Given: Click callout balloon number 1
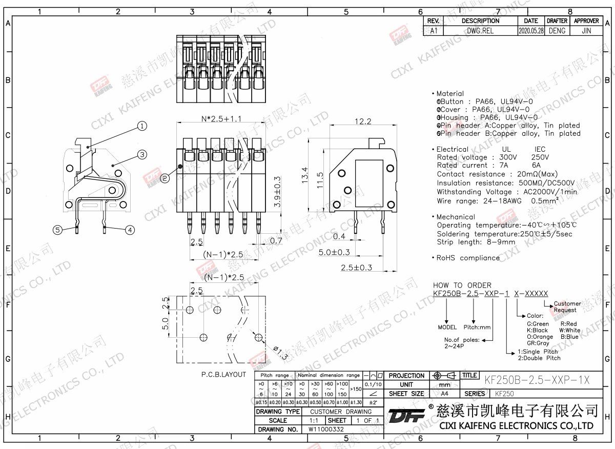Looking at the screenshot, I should pos(142,126).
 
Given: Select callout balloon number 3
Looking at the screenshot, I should pos(142,154).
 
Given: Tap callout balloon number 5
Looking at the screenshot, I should pos(58,230).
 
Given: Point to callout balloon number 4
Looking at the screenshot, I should pos(130,230).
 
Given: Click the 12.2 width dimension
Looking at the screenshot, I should pos(363,121).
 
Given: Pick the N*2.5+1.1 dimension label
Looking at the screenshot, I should pos(221,119).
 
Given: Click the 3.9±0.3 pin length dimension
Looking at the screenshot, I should pos(277,191).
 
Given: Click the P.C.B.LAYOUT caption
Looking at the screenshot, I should pos(224,375).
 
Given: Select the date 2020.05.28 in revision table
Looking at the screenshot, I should pos(531,31).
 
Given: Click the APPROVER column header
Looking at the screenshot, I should pos(586,21).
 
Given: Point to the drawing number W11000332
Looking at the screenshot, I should pos(326,430).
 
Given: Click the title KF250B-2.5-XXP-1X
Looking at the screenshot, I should pos(537,380).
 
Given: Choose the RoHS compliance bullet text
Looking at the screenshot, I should pos(467,258).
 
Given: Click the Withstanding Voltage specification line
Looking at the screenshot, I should pos(507,192).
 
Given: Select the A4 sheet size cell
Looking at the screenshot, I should pos(444,394).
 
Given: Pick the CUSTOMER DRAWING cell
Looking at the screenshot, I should pos(341,412).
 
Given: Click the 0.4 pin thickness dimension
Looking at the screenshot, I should pos(339,236).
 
